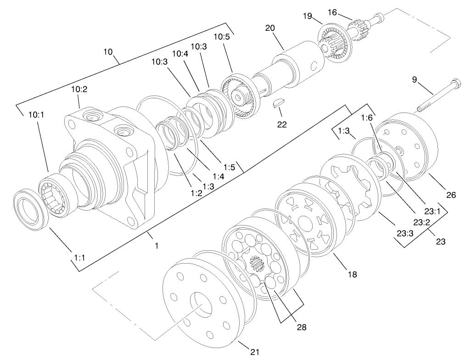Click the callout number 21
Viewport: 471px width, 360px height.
pyautogui.click(x=255, y=352)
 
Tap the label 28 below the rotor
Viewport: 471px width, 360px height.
pyautogui.click(x=302, y=327)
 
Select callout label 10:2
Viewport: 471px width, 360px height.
pyautogui.click(x=79, y=89)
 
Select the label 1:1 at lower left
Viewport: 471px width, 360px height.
pyautogui.click(x=79, y=258)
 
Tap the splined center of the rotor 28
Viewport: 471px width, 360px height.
pyautogui.click(x=257, y=266)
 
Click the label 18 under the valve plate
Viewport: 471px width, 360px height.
pyautogui.click(x=352, y=274)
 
